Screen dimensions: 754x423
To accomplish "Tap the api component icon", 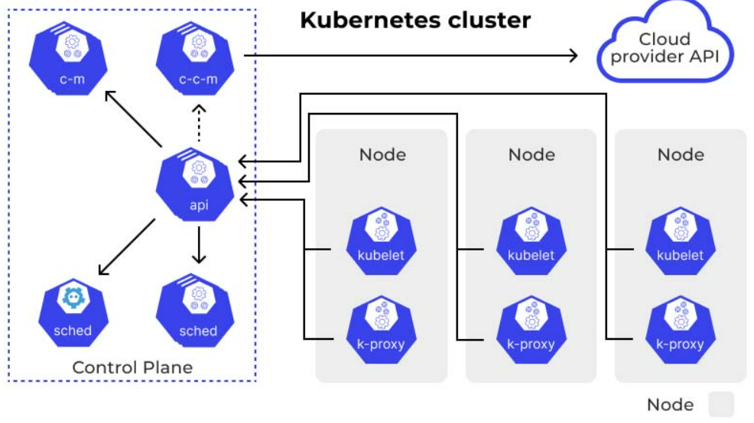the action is (x=195, y=184).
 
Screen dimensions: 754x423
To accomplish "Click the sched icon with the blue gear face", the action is (x=73, y=312).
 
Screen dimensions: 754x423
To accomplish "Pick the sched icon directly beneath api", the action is (x=195, y=310).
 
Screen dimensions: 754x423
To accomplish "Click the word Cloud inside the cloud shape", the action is (x=665, y=39).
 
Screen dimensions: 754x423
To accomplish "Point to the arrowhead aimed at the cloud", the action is (x=574, y=56).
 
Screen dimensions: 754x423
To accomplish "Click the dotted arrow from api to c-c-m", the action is (x=199, y=123).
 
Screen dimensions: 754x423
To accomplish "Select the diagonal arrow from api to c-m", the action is (x=133, y=118).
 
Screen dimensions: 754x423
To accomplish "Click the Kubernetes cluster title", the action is (x=415, y=20).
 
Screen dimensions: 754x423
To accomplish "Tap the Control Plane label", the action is (x=132, y=367).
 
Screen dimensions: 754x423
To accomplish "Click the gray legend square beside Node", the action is (x=721, y=404).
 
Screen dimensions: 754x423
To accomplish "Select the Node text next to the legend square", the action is (x=671, y=405).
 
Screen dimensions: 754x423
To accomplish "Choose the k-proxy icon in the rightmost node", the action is (x=681, y=330).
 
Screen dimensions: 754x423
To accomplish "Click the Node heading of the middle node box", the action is (x=531, y=154).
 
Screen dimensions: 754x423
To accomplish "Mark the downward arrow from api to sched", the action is (x=199, y=245).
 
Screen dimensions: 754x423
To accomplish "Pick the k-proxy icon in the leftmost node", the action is (x=382, y=330).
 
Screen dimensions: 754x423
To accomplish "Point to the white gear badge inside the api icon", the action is (x=199, y=173).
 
